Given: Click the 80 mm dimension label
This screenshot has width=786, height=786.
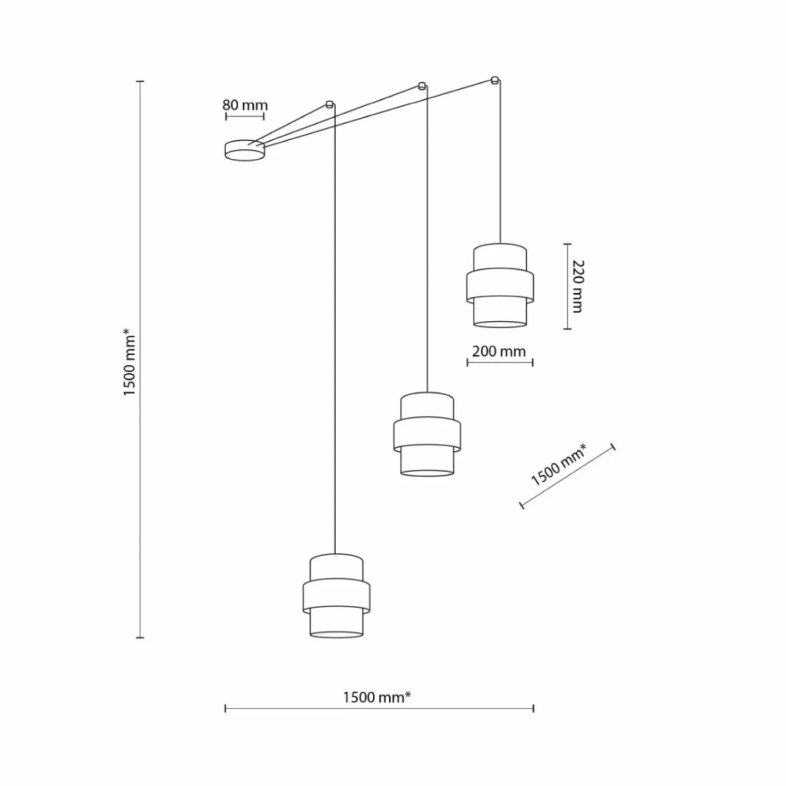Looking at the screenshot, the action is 245,105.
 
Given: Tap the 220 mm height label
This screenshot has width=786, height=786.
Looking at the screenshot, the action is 577,286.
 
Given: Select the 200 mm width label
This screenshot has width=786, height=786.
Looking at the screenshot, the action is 499,351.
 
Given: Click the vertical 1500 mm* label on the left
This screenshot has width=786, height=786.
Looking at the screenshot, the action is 130,362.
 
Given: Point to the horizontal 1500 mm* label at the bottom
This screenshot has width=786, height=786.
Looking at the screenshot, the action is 377,697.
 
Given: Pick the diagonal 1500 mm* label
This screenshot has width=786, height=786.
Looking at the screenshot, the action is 560,465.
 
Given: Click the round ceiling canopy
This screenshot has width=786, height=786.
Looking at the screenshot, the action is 245,150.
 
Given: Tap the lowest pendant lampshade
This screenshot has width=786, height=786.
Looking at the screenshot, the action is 336,595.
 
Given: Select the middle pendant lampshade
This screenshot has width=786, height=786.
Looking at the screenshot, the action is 427,434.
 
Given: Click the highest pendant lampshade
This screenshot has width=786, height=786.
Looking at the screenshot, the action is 500,285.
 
